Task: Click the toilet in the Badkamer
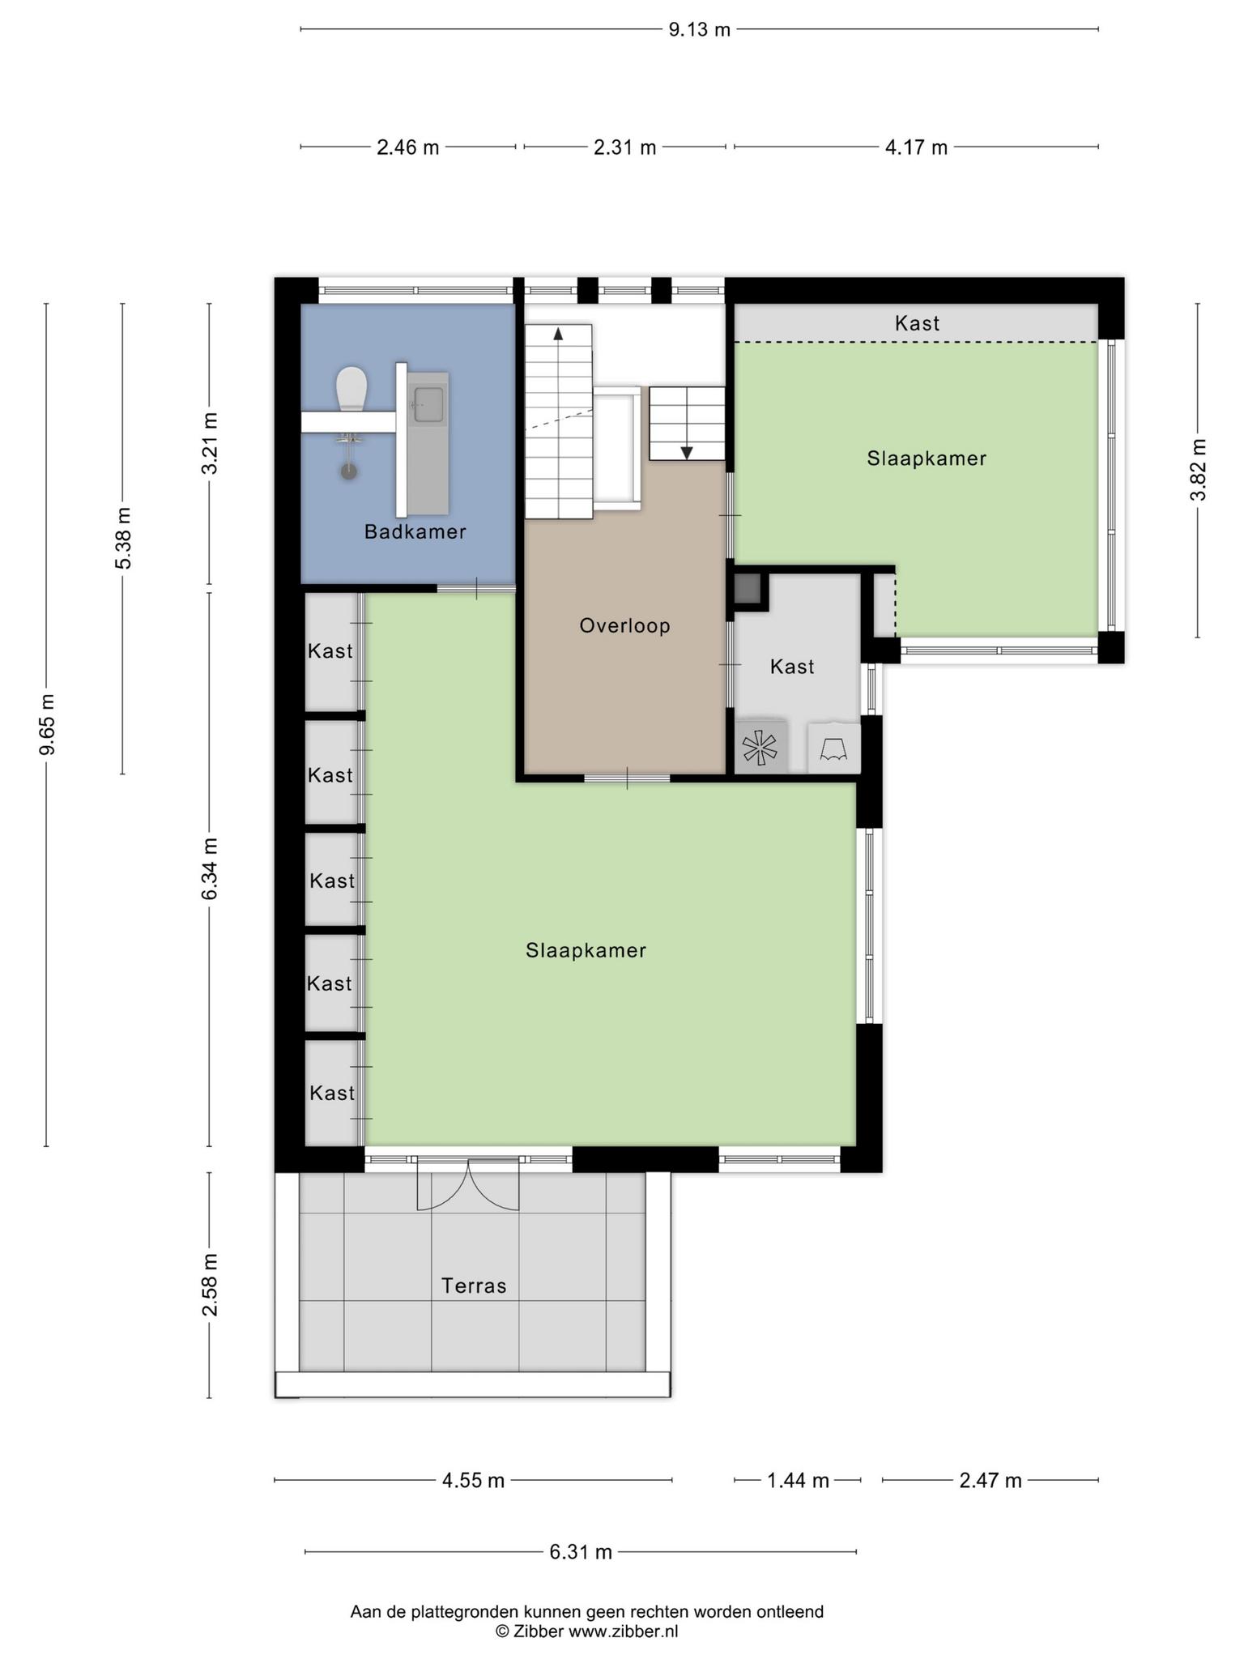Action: coord(351,389)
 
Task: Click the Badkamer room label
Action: coord(415,532)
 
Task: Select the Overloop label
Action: coord(625,625)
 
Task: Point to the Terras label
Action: coord(474,1286)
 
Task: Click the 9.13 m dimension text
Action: coord(699,30)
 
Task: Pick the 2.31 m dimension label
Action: coord(624,147)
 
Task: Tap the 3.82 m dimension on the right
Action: coord(1198,470)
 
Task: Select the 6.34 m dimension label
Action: coord(210,868)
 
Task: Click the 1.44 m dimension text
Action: coord(798,1481)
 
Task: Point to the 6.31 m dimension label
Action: coord(581,1552)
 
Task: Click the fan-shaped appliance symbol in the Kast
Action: coord(760,747)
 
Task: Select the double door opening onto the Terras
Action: coord(468,1185)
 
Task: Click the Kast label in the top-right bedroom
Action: coord(917,323)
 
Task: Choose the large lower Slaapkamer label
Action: coord(586,950)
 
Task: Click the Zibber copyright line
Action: coord(587,1631)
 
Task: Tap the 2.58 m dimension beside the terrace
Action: coord(210,1285)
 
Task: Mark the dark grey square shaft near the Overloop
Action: coord(748,587)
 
